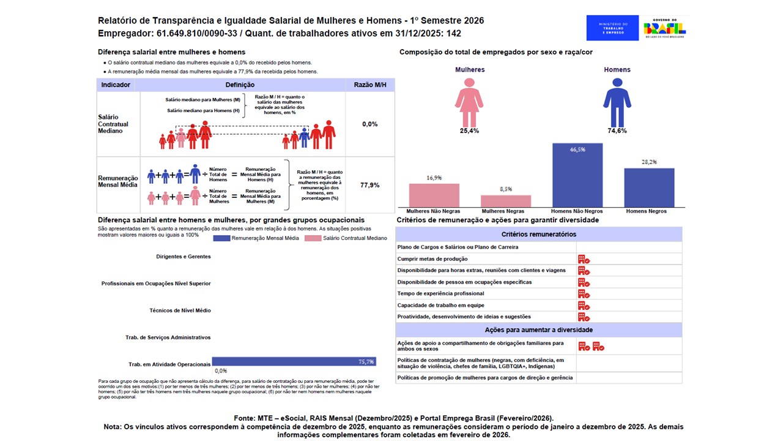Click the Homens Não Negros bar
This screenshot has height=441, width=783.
[577, 175]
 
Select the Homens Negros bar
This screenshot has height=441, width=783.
[649, 187]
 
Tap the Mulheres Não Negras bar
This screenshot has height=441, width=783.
[434, 195]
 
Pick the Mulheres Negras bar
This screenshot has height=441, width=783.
[506, 201]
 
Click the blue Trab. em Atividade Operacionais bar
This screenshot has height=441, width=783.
[294, 361]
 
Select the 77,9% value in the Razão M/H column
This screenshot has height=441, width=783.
[369, 185]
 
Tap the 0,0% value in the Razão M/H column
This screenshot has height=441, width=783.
[369, 124]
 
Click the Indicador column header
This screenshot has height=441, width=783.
[116, 85]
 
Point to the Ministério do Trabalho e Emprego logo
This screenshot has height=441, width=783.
[612, 28]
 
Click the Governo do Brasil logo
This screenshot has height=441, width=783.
[664, 28]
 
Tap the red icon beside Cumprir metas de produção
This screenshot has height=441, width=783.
[584, 259]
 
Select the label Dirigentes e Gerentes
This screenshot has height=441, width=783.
[184, 257]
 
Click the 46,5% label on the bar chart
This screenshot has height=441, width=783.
[577, 149]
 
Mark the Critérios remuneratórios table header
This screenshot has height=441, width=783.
[538, 234]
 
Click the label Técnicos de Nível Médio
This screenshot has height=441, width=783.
[180, 311]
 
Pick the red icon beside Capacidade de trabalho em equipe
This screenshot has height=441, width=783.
[584, 306]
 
